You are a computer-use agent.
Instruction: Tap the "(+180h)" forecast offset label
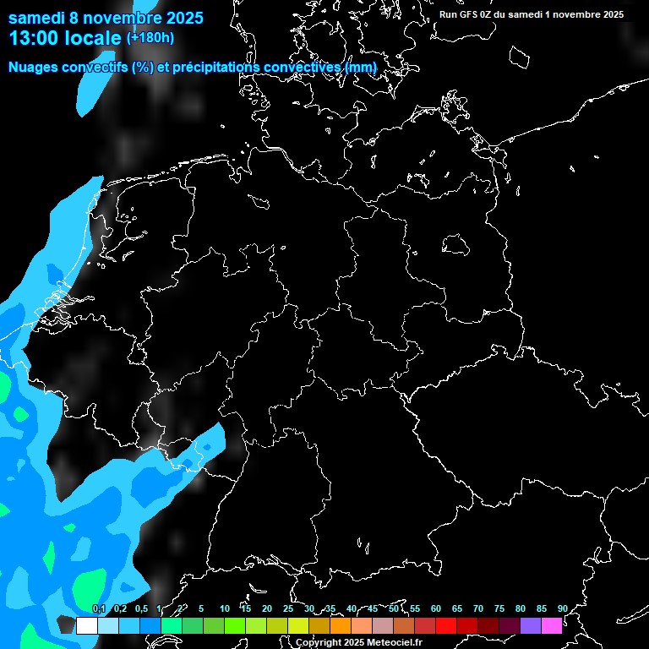[x=150, y=38]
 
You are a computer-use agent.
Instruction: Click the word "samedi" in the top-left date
[x=35, y=17]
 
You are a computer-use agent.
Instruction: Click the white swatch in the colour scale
[x=86, y=625]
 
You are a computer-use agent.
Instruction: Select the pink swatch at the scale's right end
[x=551, y=625]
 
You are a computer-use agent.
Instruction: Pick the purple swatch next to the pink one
[x=530, y=625]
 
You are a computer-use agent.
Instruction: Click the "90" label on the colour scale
[x=562, y=608]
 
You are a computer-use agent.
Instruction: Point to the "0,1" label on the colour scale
[x=99, y=608]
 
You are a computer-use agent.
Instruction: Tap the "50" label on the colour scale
[x=394, y=608]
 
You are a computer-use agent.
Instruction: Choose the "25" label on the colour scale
[x=288, y=608]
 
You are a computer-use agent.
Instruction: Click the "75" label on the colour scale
[x=499, y=608]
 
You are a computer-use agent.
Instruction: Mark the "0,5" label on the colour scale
[x=141, y=608]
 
